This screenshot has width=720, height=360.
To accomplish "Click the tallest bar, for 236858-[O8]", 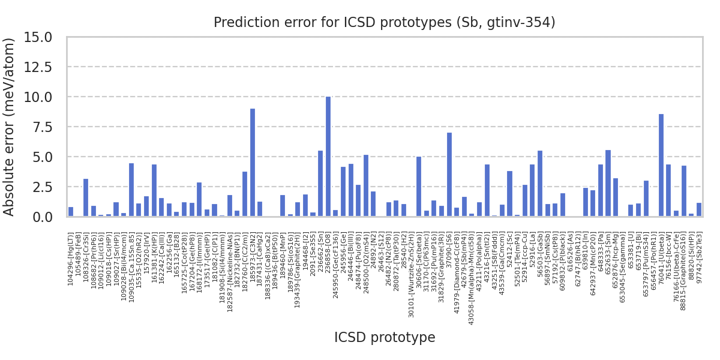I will point(328,157).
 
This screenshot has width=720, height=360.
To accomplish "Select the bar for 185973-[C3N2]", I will point(252,163).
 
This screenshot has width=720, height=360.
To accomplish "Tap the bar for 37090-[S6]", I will point(449,175).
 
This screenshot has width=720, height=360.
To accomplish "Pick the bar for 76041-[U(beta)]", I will point(661,165).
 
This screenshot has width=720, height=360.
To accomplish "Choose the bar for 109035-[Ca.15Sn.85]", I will point(131,190).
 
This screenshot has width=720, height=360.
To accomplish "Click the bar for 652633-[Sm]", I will point(608,183).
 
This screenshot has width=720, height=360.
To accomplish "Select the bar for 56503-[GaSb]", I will point(539,184).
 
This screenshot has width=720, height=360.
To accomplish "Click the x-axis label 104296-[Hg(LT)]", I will point(71,259).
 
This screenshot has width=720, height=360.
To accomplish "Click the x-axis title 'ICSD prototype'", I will point(385,338).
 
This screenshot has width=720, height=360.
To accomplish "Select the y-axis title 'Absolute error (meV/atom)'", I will point(10,127).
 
